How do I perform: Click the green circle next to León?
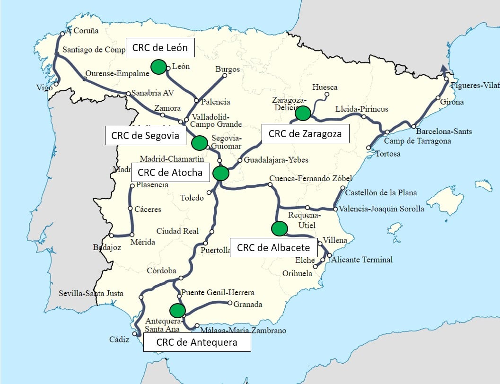tap(158, 67)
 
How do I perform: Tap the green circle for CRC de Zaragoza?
tap(302, 113)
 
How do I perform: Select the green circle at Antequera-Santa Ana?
tap(177, 310)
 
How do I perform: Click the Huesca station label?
tap(325, 87)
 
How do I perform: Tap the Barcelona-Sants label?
tap(444, 131)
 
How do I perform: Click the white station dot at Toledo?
tap(209, 192)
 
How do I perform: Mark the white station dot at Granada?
tap(230, 303)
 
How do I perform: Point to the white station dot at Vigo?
tap(56, 84)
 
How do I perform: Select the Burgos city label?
tap(228, 69)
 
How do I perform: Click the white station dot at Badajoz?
tap(111, 235)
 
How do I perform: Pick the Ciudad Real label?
tap(178, 231)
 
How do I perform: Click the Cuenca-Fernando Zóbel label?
tap(310, 178)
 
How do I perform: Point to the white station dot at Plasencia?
tap(132, 185)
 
